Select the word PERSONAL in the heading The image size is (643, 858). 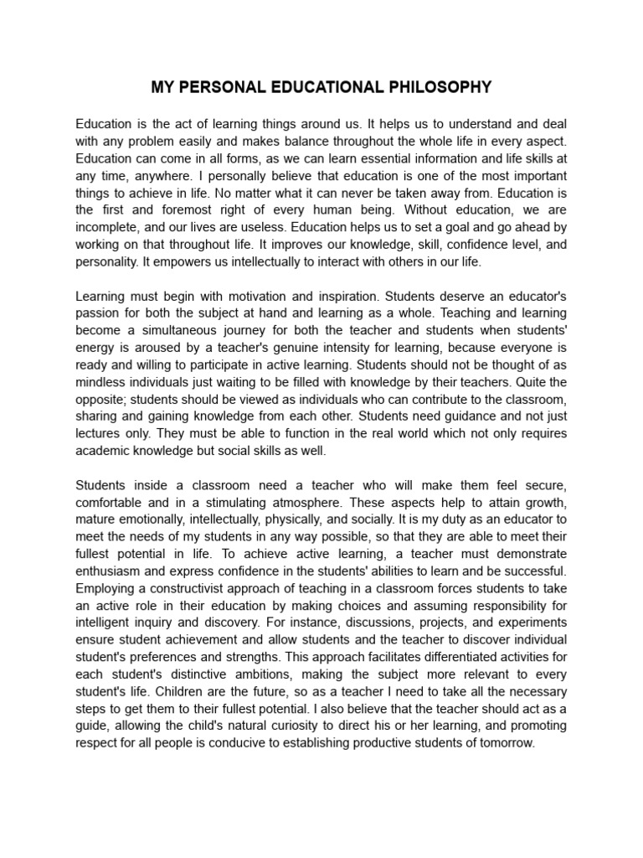[220, 86]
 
